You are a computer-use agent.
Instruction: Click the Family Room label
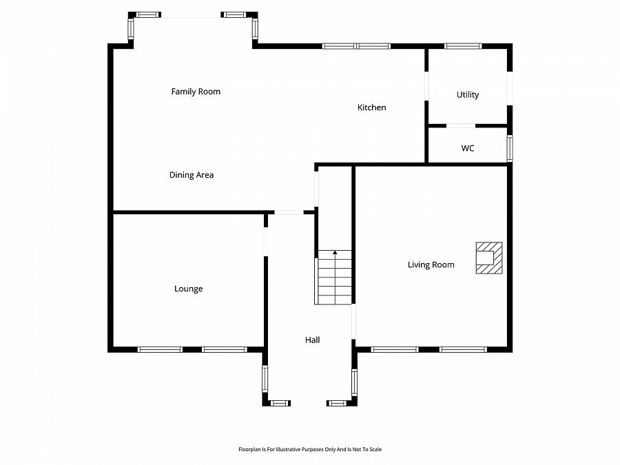[196, 92]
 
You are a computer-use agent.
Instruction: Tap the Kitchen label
[371, 107]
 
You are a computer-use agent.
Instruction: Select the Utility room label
[468, 95]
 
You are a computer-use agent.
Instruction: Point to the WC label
[468, 148]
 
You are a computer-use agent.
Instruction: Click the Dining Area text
[192, 175]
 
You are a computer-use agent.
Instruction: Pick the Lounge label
[188, 289]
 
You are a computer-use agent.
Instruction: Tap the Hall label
[313, 340]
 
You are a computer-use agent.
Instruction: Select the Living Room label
[431, 265]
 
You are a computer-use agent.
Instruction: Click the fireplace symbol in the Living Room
[489, 258]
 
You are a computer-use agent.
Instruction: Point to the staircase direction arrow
[335, 253]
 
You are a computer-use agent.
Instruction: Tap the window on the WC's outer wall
[510, 148]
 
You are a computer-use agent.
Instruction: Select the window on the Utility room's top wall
[463, 46]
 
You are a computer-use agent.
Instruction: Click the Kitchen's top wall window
[356, 46]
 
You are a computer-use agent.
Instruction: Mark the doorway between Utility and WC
[460, 126]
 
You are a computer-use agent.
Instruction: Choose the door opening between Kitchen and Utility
[426, 86]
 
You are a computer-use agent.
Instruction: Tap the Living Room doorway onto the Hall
[354, 322]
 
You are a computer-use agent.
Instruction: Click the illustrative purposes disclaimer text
[309, 449]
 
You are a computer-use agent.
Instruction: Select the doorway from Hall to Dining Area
[289, 212]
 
